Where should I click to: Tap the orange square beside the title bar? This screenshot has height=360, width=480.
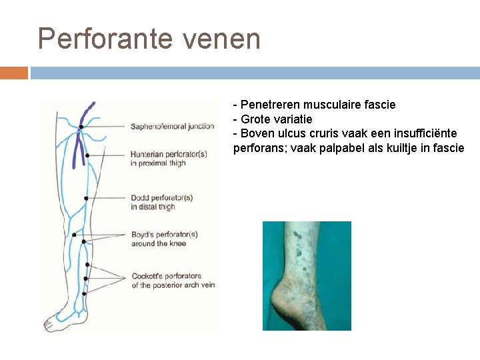[x=13, y=72]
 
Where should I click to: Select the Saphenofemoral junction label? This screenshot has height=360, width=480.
[x=172, y=126]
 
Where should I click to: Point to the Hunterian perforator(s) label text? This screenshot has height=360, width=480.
[x=169, y=154]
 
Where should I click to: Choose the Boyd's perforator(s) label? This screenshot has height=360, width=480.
[x=164, y=235]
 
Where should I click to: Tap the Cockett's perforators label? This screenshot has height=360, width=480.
[x=166, y=276]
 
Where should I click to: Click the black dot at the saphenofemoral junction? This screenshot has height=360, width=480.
[x=81, y=127]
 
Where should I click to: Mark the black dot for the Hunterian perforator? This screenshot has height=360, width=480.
[x=87, y=155]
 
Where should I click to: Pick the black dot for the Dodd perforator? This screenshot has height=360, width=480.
[x=86, y=198]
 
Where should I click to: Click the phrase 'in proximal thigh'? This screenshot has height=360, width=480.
[x=158, y=163]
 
